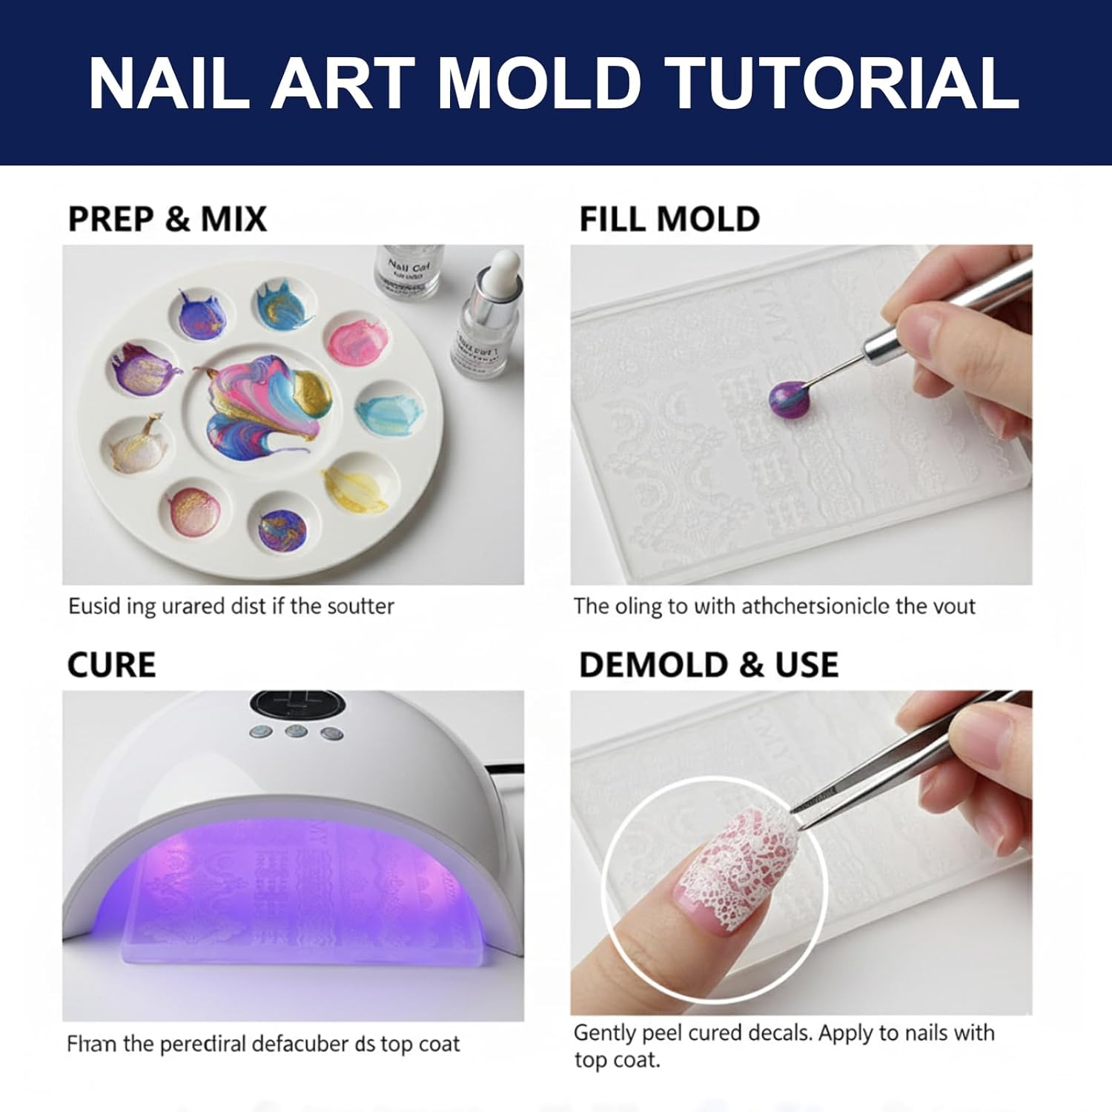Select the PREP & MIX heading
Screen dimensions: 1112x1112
pos(167,219)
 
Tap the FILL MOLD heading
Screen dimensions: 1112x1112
pos(669,219)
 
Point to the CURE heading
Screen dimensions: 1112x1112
pos(111,665)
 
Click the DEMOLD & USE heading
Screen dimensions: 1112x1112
pos(708,665)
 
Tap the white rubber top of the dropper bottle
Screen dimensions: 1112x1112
pos(505,265)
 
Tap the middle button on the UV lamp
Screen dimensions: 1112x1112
pos(296,732)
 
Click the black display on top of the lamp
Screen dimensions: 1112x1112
pos(296,705)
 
